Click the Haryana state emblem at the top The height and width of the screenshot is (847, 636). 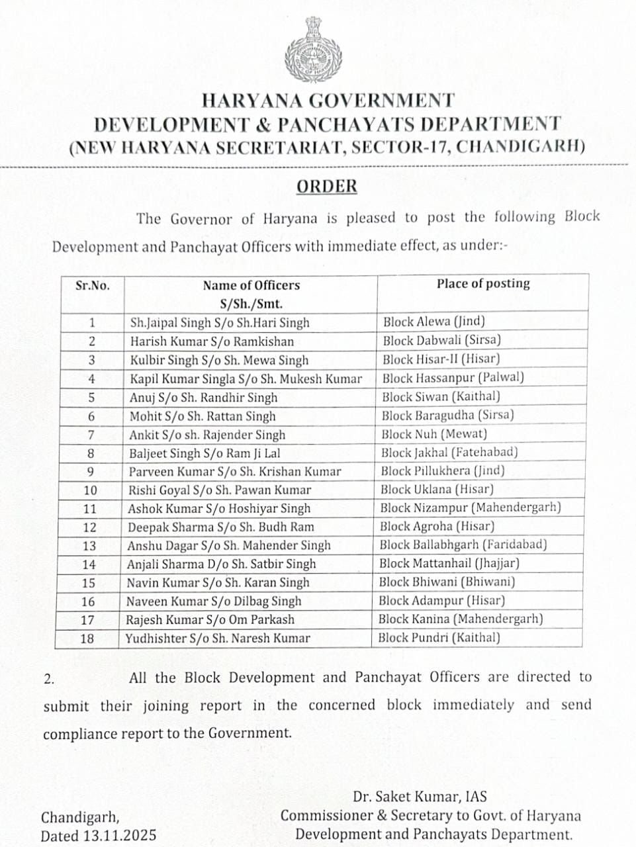click(313, 49)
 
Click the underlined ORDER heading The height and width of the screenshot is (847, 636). click(326, 186)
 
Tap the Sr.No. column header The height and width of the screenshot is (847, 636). click(93, 286)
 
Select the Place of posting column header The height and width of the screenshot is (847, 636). click(483, 284)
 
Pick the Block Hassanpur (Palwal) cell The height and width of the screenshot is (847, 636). click(453, 378)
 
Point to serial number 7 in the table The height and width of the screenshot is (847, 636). click(91, 435)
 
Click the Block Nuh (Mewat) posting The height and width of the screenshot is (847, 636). click(434, 434)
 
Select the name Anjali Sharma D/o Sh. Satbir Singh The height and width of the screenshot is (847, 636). click(221, 564)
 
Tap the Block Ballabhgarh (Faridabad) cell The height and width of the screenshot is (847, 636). click(463, 545)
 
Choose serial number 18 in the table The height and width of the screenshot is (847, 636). click(87, 639)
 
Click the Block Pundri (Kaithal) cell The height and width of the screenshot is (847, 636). click(439, 638)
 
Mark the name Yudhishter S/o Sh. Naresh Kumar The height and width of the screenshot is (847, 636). click(218, 639)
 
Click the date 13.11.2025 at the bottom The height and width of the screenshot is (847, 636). click(120, 835)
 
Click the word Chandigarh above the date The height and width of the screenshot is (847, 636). click(80, 817)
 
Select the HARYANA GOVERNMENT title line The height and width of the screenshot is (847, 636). click(328, 101)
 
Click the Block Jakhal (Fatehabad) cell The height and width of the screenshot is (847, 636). click(449, 453)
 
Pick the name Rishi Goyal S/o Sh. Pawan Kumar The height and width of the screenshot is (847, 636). click(219, 490)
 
